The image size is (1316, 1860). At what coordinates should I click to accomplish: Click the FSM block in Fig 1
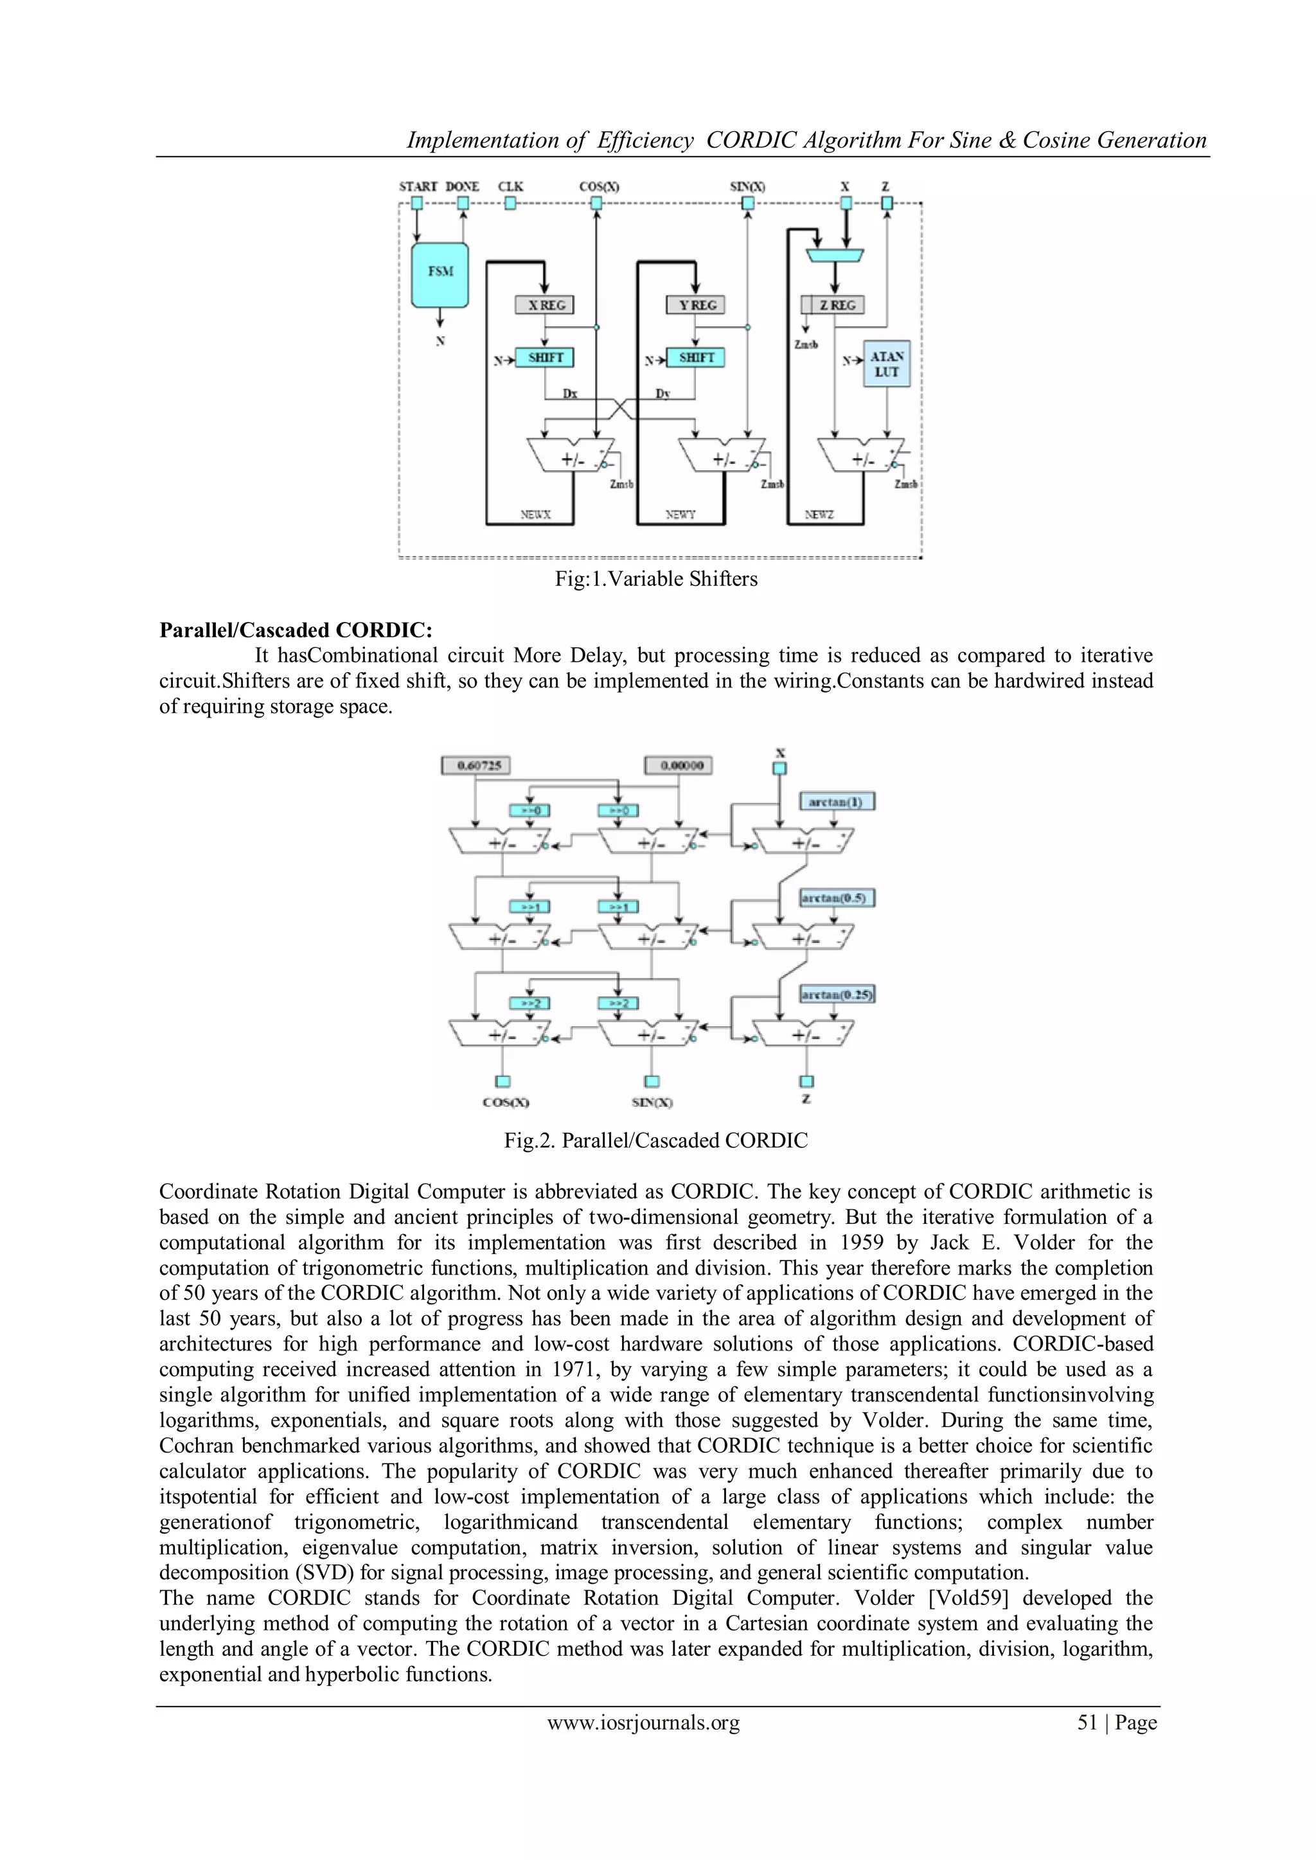pyautogui.click(x=440, y=274)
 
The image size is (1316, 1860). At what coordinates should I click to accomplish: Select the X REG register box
pyautogui.click(x=544, y=305)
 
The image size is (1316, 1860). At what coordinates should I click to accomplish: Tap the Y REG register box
pyautogui.click(x=695, y=305)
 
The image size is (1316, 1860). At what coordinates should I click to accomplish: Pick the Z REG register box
pyautogui.click(x=833, y=305)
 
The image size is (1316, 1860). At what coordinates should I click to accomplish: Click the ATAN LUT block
pyautogui.click(x=887, y=364)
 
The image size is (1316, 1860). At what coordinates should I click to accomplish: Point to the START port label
pyautogui.click(x=417, y=186)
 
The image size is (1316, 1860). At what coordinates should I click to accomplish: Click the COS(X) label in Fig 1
pyautogui.click(x=599, y=186)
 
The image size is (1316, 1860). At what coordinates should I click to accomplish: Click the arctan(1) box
pyautogui.click(x=837, y=802)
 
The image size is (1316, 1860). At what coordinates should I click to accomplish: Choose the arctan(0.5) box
pyautogui.click(x=837, y=898)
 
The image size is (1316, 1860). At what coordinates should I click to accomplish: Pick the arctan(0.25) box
pyautogui.click(x=837, y=994)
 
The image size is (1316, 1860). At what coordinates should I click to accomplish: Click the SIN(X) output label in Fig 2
pyautogui.click(x=652, y=1103)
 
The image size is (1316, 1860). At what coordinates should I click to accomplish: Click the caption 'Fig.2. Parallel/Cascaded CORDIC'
pyautogui.click(x=655, y=1140)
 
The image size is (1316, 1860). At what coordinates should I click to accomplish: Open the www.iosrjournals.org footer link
pyautogui.click(x=643, y=1723)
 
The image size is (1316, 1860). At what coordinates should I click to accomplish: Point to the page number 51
pyautogui.click(x=1087, y=1723)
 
